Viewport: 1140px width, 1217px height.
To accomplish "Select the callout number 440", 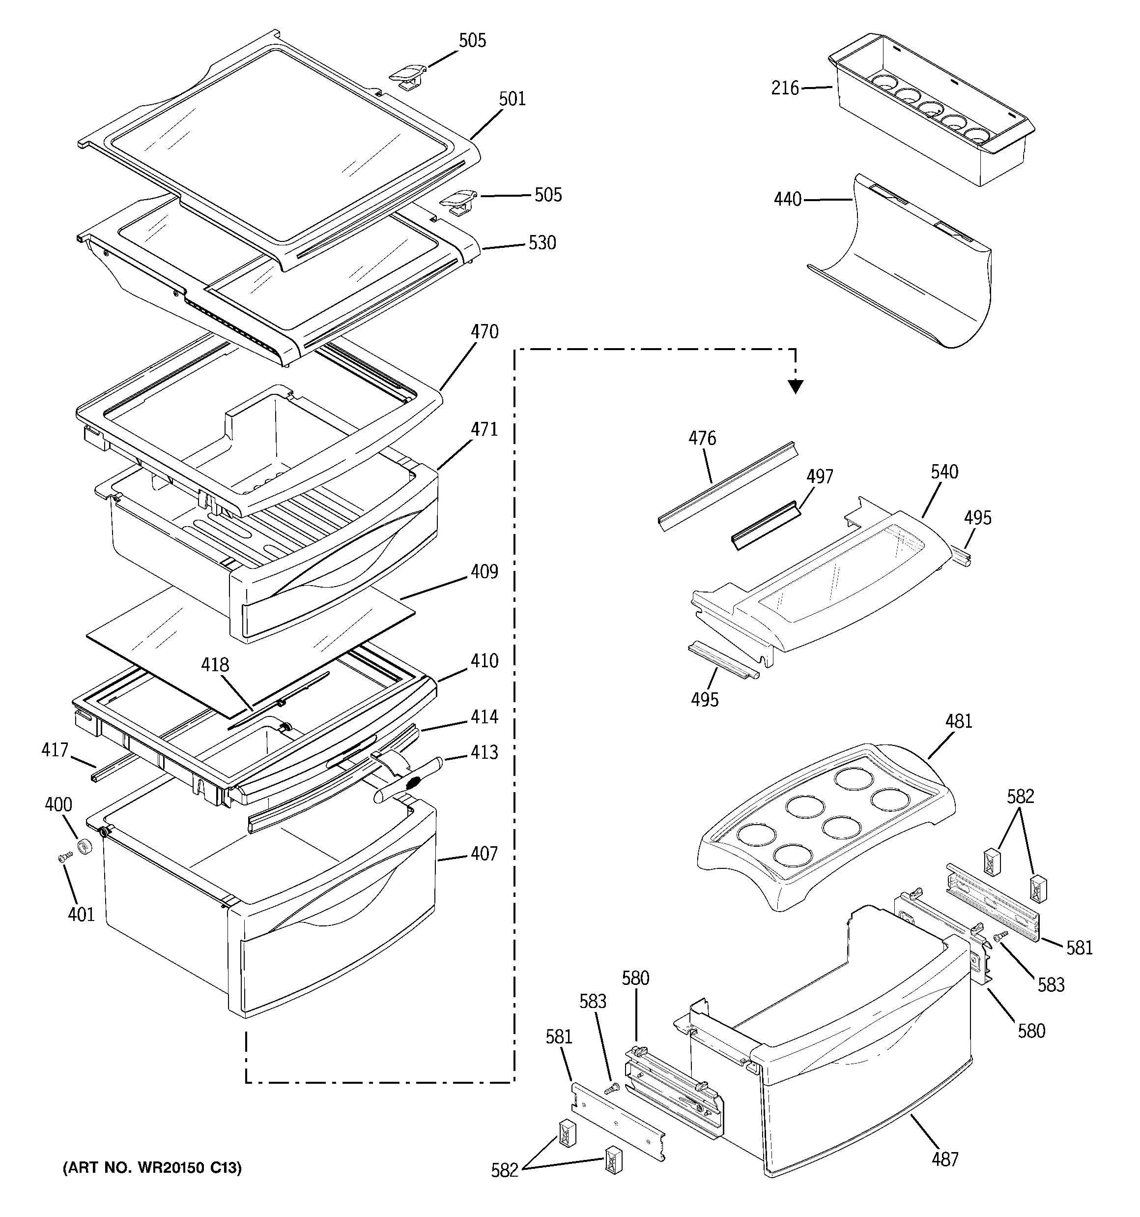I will [x=788, y=200].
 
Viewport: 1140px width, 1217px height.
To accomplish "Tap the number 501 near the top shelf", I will [x=512, y=98].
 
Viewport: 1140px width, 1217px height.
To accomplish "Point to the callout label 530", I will [x=541, y=243].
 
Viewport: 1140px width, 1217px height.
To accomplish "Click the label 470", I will [x=484, y=332].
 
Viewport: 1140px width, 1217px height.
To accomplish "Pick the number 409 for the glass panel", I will [x=484, y=572].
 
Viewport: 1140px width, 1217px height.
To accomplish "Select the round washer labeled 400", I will [x=83, y=847].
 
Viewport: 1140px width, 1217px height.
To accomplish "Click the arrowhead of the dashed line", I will [x=795, y=386].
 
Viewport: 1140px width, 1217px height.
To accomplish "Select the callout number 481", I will [x=958, y=721].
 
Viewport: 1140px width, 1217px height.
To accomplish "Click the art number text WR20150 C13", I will [x=152, y=1168].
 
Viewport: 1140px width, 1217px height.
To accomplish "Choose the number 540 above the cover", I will [x=944, y=472].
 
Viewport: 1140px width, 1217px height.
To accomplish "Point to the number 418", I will [x=215, y=664].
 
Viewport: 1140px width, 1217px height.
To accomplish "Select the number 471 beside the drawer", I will [x=484, y=429].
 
